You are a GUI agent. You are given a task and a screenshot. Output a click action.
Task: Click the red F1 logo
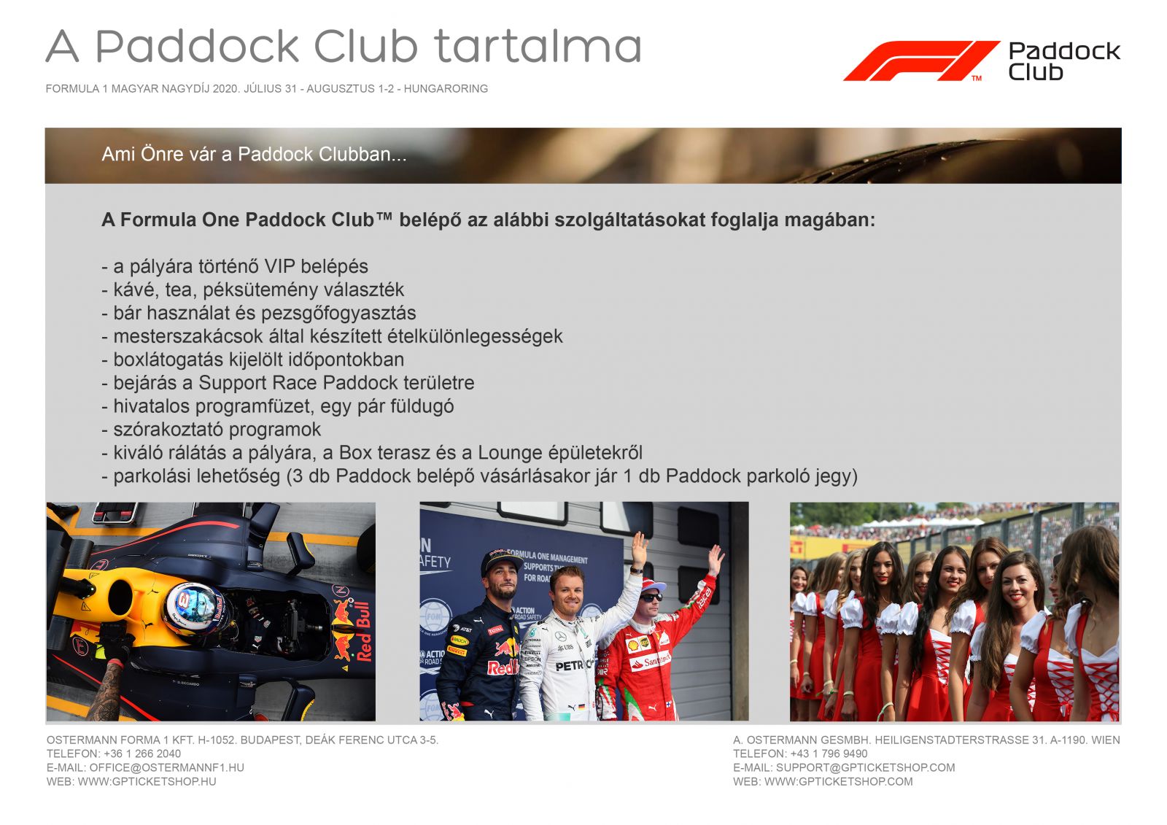coord(921,61)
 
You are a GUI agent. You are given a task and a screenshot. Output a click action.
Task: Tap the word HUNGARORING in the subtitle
coord(446,88)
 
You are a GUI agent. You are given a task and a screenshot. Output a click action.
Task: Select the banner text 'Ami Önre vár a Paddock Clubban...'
coord(254,154)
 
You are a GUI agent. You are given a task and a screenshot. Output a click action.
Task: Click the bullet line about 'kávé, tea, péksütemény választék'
coord(252,290)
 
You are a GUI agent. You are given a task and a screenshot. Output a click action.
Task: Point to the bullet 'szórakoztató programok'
coord(211,430)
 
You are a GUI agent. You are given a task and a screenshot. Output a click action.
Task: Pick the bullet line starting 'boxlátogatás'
coord(252,360)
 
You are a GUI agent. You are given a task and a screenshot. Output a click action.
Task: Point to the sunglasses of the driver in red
coord(651,597)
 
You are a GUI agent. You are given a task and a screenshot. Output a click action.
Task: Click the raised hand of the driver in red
coord(716,559)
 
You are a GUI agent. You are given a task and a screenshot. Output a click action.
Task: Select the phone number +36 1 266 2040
coord(142,754)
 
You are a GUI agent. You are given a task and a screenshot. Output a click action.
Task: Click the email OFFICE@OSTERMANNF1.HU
coord(167,767)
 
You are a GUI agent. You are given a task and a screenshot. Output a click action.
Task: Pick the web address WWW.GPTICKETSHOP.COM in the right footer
coord(838,782)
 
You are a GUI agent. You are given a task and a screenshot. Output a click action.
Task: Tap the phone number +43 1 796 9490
coord(829,754)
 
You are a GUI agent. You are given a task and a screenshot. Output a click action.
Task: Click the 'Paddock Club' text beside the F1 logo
coord(1064,61)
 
